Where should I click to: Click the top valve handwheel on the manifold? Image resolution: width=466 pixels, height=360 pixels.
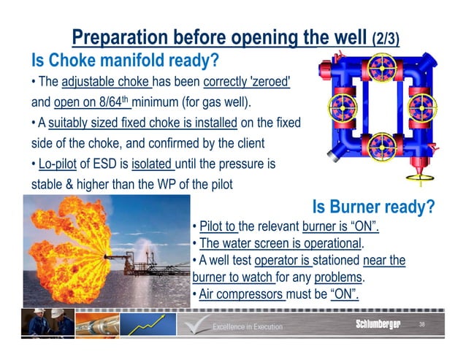382,65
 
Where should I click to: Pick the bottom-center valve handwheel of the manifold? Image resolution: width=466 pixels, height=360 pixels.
382,143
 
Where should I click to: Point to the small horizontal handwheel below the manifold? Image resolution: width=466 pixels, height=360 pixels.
421,176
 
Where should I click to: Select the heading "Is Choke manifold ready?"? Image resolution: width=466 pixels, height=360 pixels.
124,59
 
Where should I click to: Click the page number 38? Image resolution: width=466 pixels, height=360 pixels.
421,323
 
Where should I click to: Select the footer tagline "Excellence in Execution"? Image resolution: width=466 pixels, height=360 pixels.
247,326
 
